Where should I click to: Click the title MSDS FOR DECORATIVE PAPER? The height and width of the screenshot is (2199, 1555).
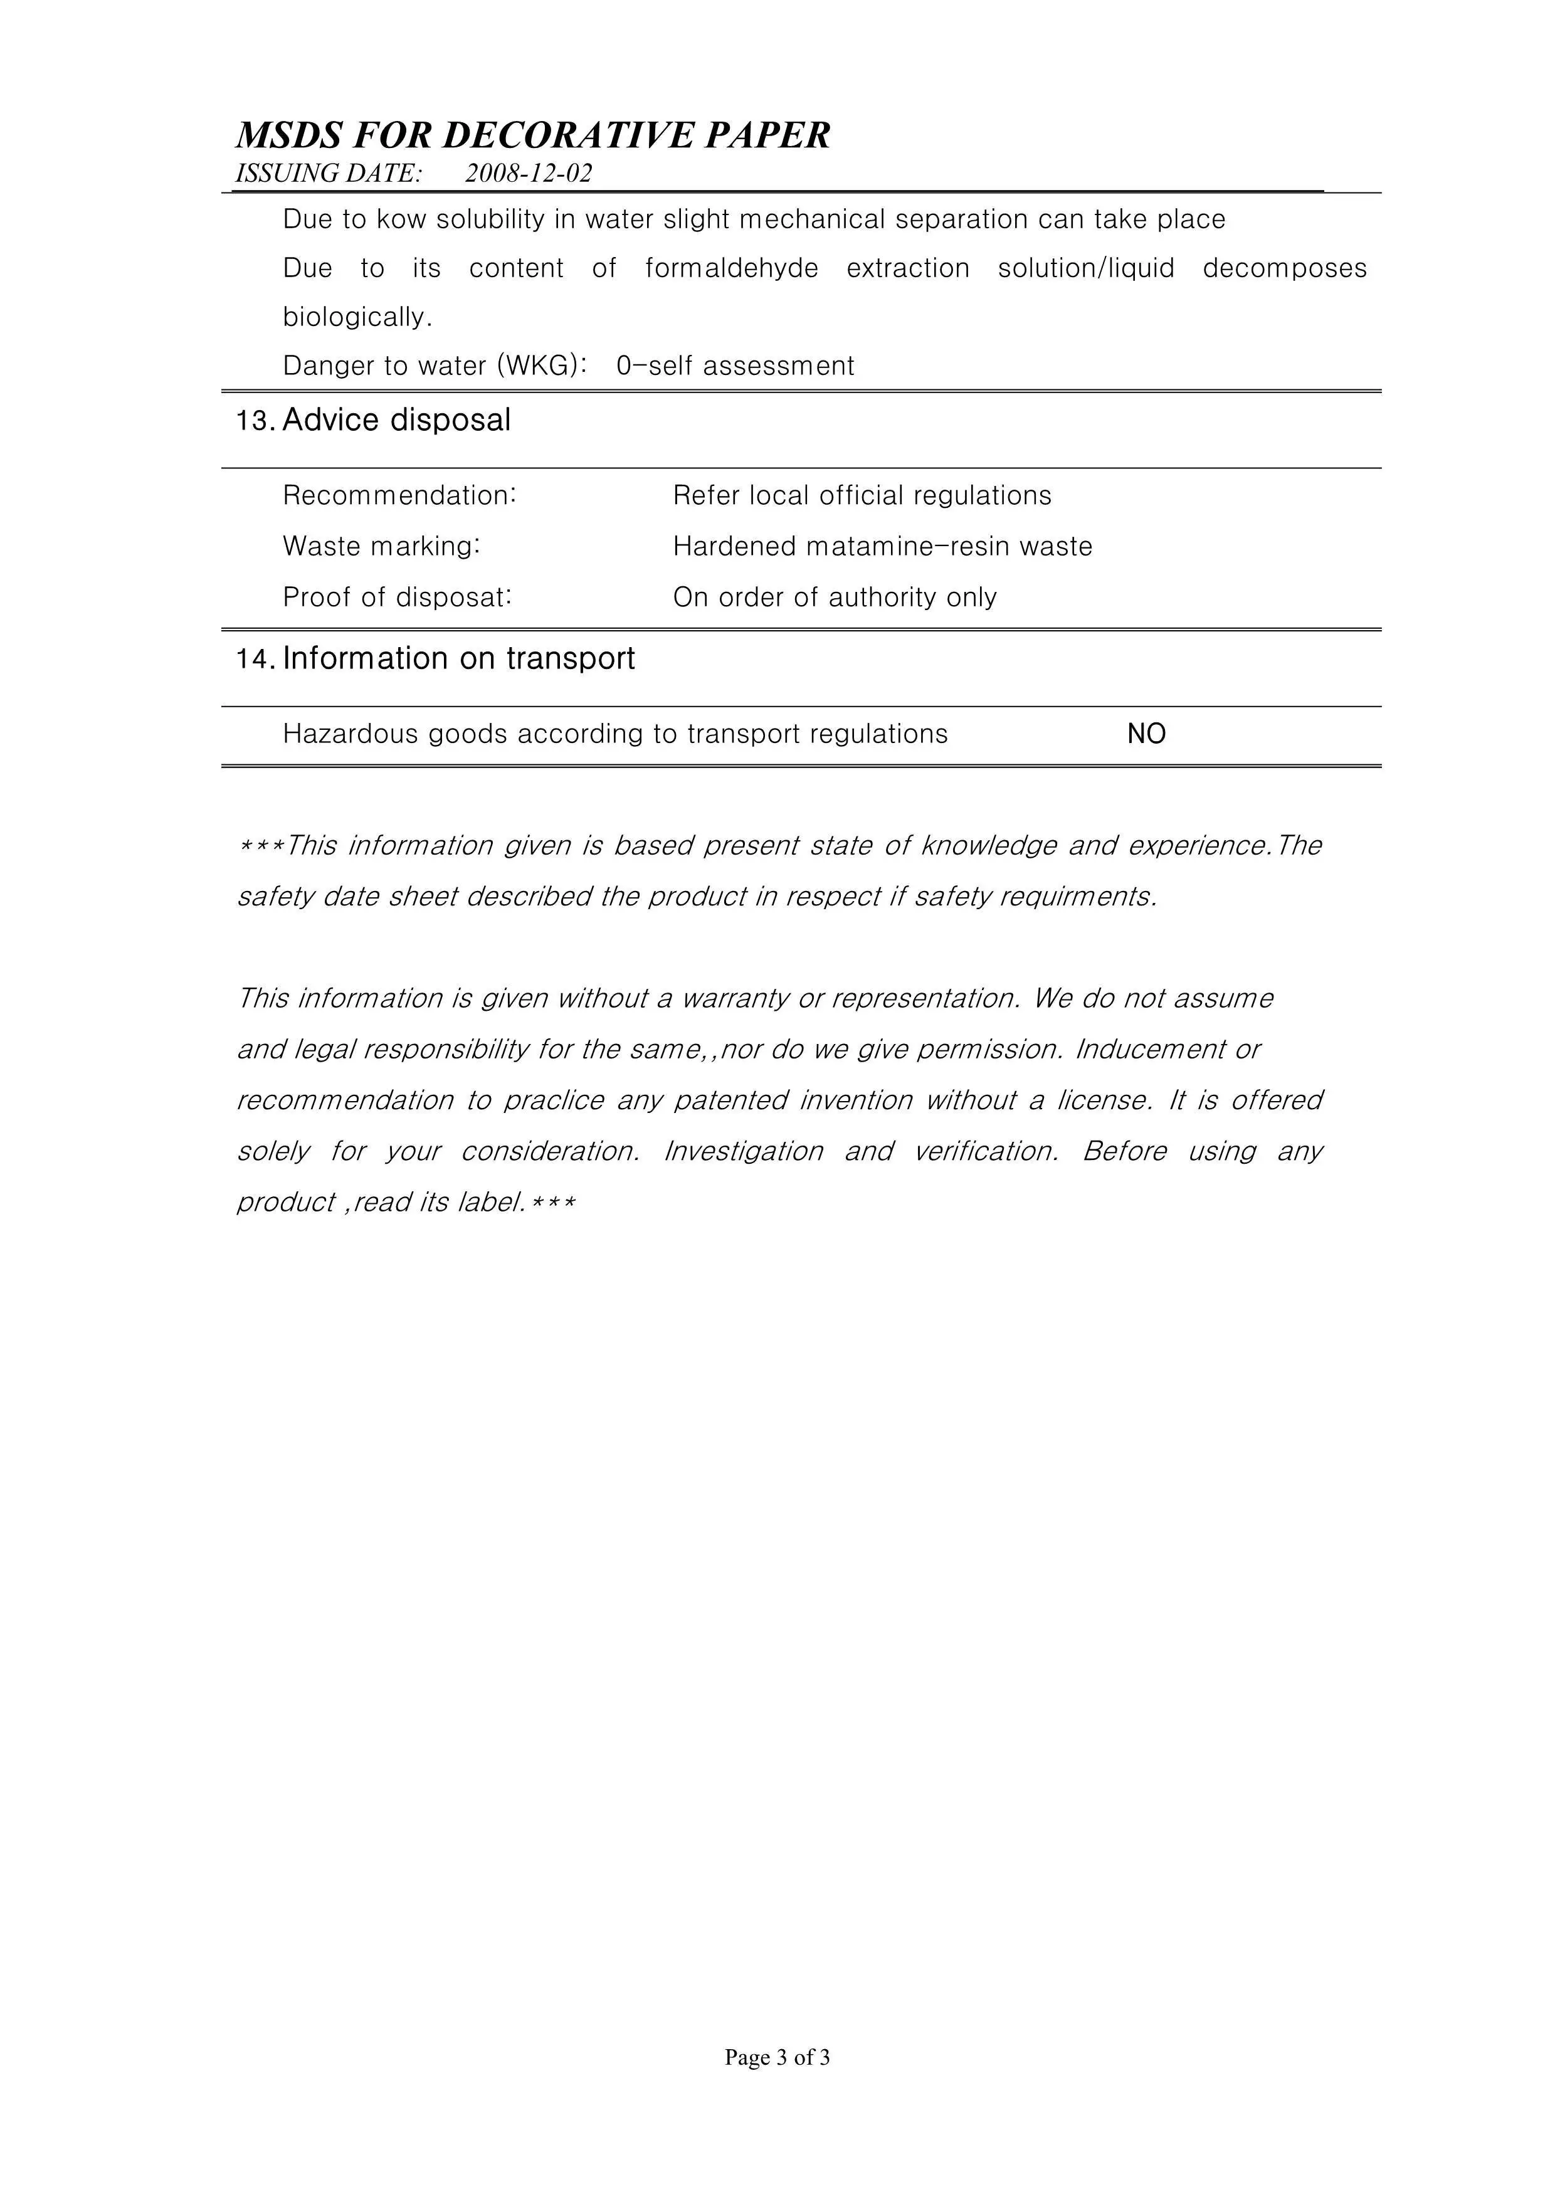click(532, 136)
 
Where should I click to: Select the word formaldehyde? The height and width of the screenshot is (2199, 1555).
click(732, 268)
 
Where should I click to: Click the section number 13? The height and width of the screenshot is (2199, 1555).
click(256, 421)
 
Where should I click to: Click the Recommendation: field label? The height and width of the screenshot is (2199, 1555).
click(399, 495)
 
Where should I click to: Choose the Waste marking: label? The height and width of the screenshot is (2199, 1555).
click(381, 546)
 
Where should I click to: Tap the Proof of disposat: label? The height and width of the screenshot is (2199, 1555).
click(398, 597)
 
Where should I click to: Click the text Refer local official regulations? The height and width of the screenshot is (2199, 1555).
click(862, 495)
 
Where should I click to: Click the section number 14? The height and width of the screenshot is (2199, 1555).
click(256, 660)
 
